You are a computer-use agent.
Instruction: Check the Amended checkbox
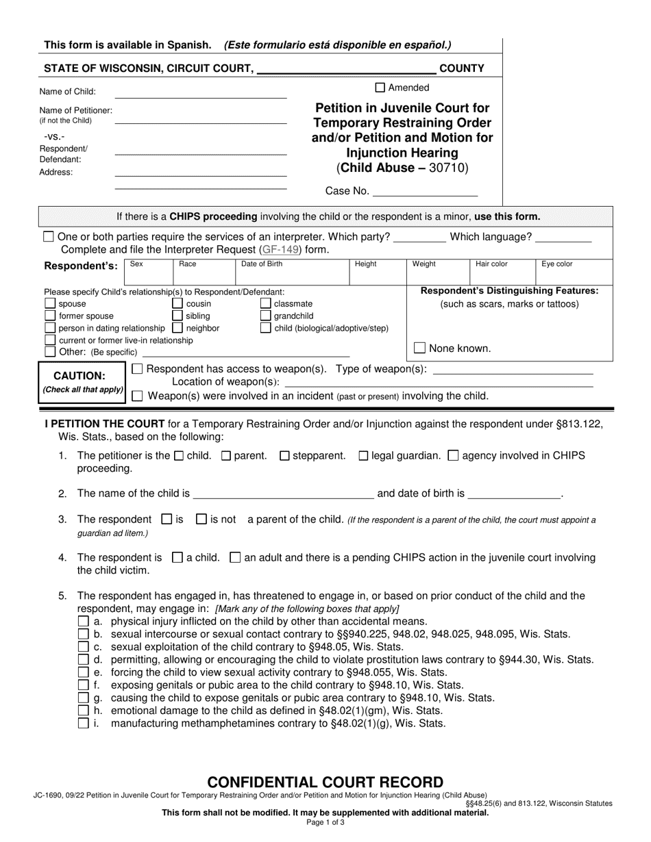(380, 88)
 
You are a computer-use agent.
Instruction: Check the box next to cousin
(177, 303)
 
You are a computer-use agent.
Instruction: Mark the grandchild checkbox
(266, 316)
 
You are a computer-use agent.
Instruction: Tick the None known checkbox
(420, 348)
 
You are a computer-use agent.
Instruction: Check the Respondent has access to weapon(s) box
(137, 370)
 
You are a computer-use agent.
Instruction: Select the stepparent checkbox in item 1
(285, 456)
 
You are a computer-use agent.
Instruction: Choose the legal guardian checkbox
(363, 456)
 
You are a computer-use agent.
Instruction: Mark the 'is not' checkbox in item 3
(201, 520)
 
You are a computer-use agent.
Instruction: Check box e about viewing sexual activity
(83, 672)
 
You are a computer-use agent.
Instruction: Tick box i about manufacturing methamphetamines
(83, 723)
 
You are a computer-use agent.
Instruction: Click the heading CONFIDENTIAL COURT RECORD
(325, 782)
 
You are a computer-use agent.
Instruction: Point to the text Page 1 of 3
(325, 822)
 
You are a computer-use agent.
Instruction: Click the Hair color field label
(492, 264)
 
